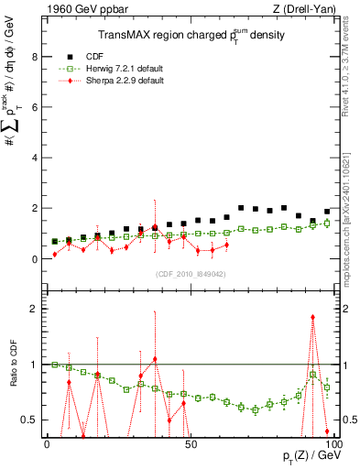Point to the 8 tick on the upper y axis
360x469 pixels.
pyautogui.click(x=36, y=56)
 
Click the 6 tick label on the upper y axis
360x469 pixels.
pyautogui.click(x=36, y=107)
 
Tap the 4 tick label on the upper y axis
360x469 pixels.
pyautogui.click(x=36, y=158)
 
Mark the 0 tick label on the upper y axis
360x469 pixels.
pyautogui.click(x=36, y=259)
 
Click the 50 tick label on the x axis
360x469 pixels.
pyautogui.click(x=191, y=443)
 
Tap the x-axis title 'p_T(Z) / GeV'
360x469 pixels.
pyautogui.click(x=307, y=457)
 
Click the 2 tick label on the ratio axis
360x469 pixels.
pyautogui.click(x=36, y=309)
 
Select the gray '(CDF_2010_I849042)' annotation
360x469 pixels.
pyautogui.click(x=191, y=274)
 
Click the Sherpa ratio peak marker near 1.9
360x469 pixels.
pyautogui.click(x=313, y=317)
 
